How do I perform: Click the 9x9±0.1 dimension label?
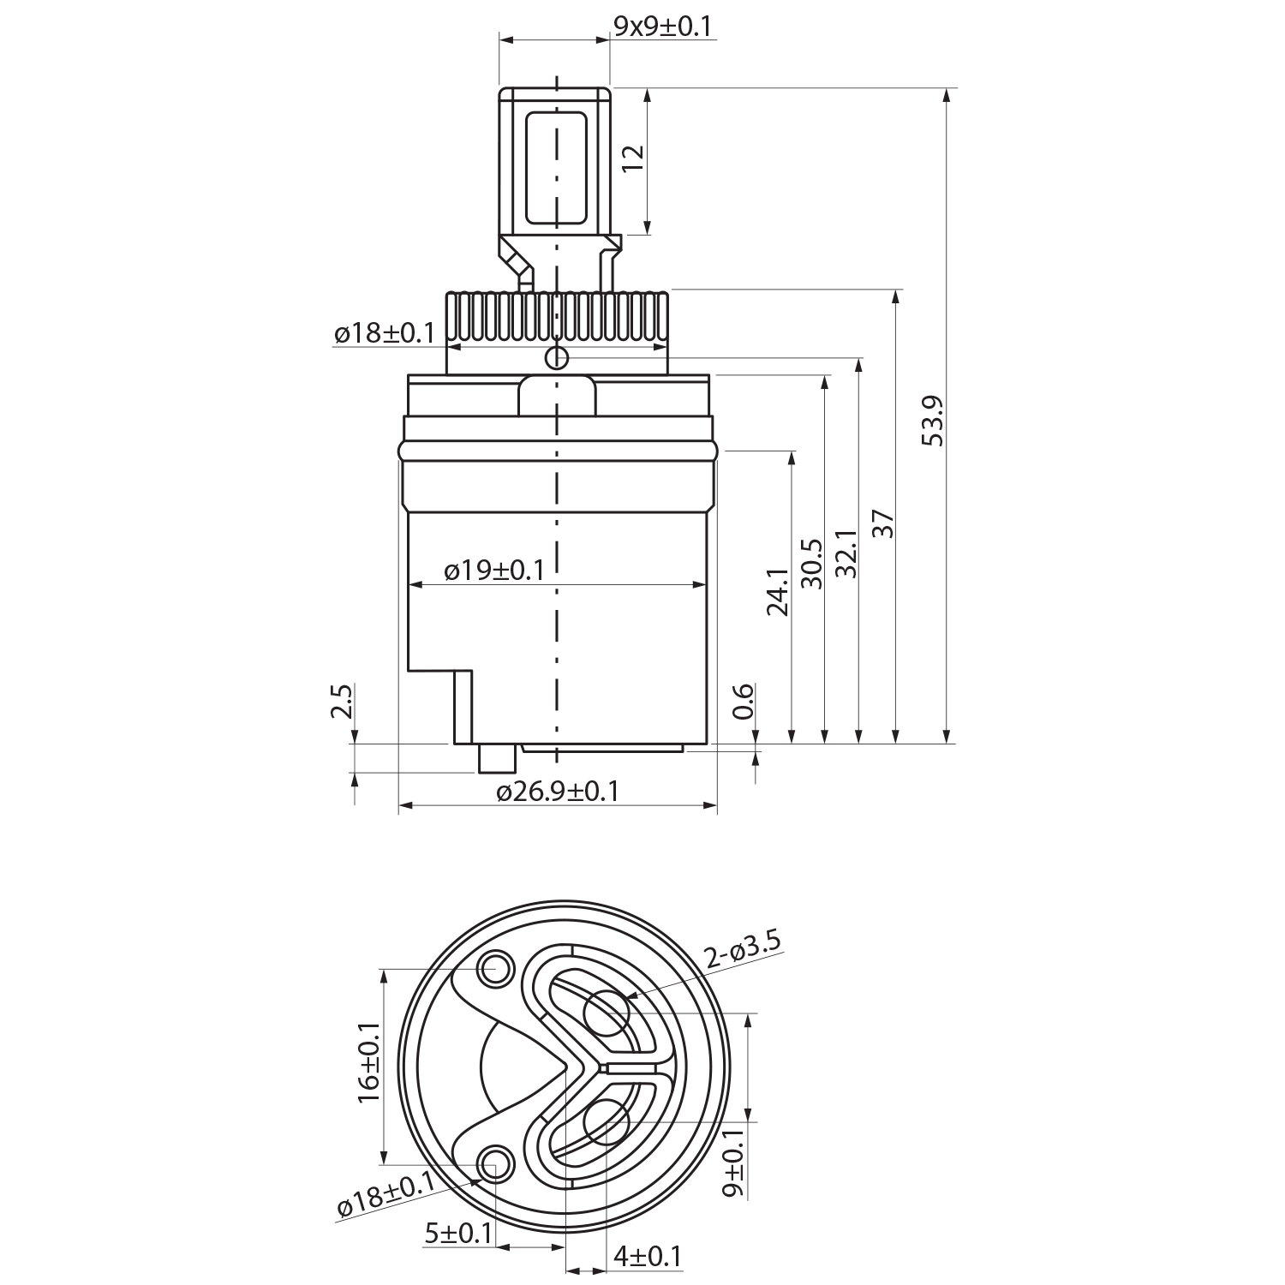pyautogui.click(x=662, y=26)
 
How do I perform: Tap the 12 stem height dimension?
pyautogui.click(x=632, y=158)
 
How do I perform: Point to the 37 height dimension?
pyautogui.click(x=883, y=523)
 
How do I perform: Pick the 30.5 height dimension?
pyautogui.click(x=810, y=564)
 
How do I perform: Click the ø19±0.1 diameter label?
pyautogui.click(x=494, y=570)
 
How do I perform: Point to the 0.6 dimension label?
pyautogui.click(x=742, y=701)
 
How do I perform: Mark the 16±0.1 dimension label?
pyautogui.click(x=369, y=1066)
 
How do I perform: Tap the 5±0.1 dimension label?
pyautogui.click(x=458, y=1234)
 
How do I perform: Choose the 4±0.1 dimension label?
pyautogui.click(x=647, y=1257)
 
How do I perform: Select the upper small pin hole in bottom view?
pyautogui.click(x=493, y=969)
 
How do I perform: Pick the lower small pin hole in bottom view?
pyautogui.click(x=493, y=1162)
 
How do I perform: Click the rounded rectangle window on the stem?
pyautogui.click(x=556, y=170)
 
